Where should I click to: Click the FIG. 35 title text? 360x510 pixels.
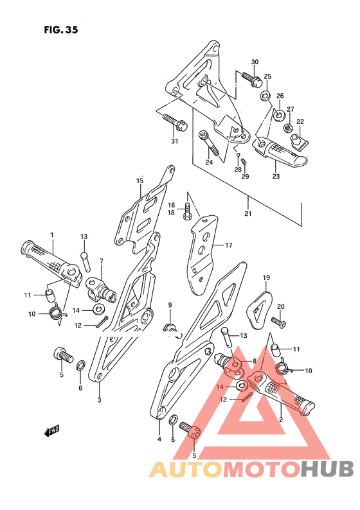point(61,30)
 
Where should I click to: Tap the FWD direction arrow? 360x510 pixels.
point(52,431)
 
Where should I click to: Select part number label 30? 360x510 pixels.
point(255,62)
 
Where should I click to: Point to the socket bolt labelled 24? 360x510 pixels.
point(209,143)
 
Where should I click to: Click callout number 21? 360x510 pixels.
point(248,214)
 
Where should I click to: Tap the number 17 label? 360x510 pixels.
point(228,245)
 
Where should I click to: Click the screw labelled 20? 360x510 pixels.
point(279,322)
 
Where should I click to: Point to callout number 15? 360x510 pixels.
point(139,181)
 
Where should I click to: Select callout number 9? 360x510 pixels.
point(170,304)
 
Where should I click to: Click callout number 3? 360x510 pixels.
point(100,400)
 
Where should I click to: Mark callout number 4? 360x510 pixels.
point(159,439)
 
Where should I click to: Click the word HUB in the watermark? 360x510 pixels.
point(327,469)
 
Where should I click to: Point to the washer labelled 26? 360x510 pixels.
point(279,115)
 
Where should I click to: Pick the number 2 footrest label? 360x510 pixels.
point(281,419)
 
